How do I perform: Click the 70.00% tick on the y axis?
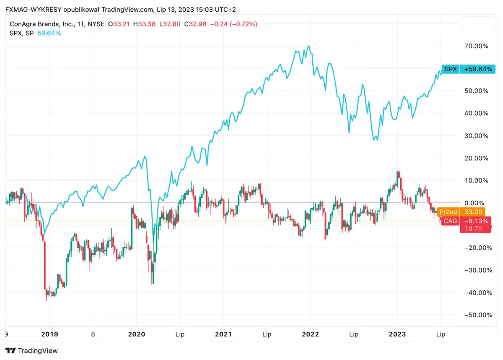point(477,46)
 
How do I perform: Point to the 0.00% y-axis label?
point(478,203)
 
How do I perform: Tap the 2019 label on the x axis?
point(49,334)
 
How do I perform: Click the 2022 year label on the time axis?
point(310,334)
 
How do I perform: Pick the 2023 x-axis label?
point(397,334)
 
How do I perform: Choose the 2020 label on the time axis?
point(136,334)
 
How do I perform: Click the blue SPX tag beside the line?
point(451,69)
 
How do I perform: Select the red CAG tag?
point(451,221)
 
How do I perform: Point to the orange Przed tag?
point(448,212)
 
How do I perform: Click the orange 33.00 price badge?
point(473,212)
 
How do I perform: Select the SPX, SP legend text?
point(22,33)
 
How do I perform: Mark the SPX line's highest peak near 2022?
point(309,46)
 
